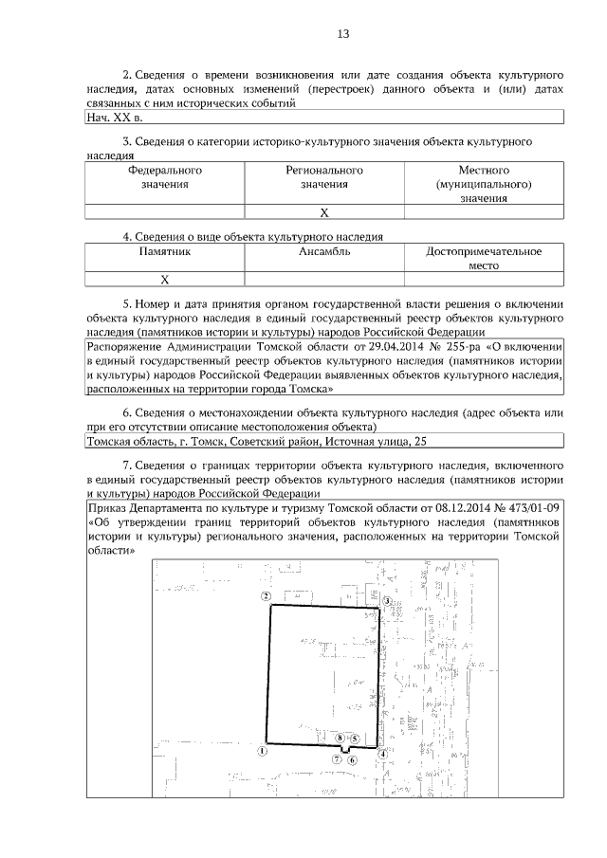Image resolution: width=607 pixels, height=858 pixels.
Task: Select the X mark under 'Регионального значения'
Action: pyautogui.click(x=324, y=212)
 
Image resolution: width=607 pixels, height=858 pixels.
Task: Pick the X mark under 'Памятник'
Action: pyautogui.click(x=164, y=279)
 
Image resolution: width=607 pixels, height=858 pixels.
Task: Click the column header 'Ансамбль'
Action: pyautogui.click(x=324, y=252)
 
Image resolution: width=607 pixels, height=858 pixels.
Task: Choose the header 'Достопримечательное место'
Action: pyautogui.click(x=483, y=258)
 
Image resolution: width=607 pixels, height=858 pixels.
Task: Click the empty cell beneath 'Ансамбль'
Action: pyautogui.click(x=324, y=279)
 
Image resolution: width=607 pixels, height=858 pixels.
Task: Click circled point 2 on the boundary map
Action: pyautogui.click(x=267, y=596)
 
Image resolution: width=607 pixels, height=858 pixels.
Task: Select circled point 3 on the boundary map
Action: pyautogui.click(x=386, y=601)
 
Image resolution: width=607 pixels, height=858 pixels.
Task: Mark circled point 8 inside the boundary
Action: pyautogui.click(x=340, y=737)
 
